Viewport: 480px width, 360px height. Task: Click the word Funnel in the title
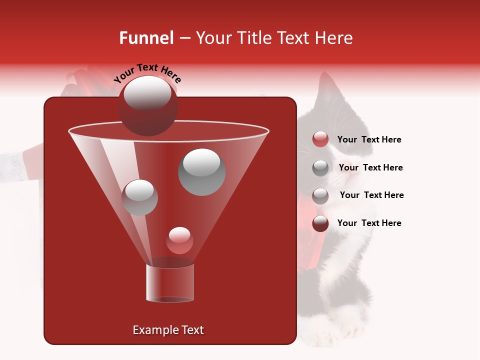click(146, 38)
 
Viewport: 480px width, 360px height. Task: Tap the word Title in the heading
click(250, 38)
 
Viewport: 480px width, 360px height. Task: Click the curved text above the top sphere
click(147, 73)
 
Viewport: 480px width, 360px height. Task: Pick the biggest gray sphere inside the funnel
click(201, 171)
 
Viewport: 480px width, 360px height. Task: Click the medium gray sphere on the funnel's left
click(139, 197)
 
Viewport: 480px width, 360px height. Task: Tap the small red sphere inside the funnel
click(179, 240)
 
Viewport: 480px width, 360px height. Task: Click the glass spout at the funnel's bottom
click(169, 283)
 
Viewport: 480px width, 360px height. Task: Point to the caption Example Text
click(168, 330)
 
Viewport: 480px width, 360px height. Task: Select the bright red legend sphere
click(320, 139)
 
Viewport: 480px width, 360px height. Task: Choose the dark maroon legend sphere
click(320, 223)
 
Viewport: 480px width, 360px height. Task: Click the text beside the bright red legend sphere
click(369, 139)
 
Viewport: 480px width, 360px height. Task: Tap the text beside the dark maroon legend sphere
click(369, 223)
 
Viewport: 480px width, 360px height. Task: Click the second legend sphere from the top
click(320, 168)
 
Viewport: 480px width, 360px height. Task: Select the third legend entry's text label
click(371, 195)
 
